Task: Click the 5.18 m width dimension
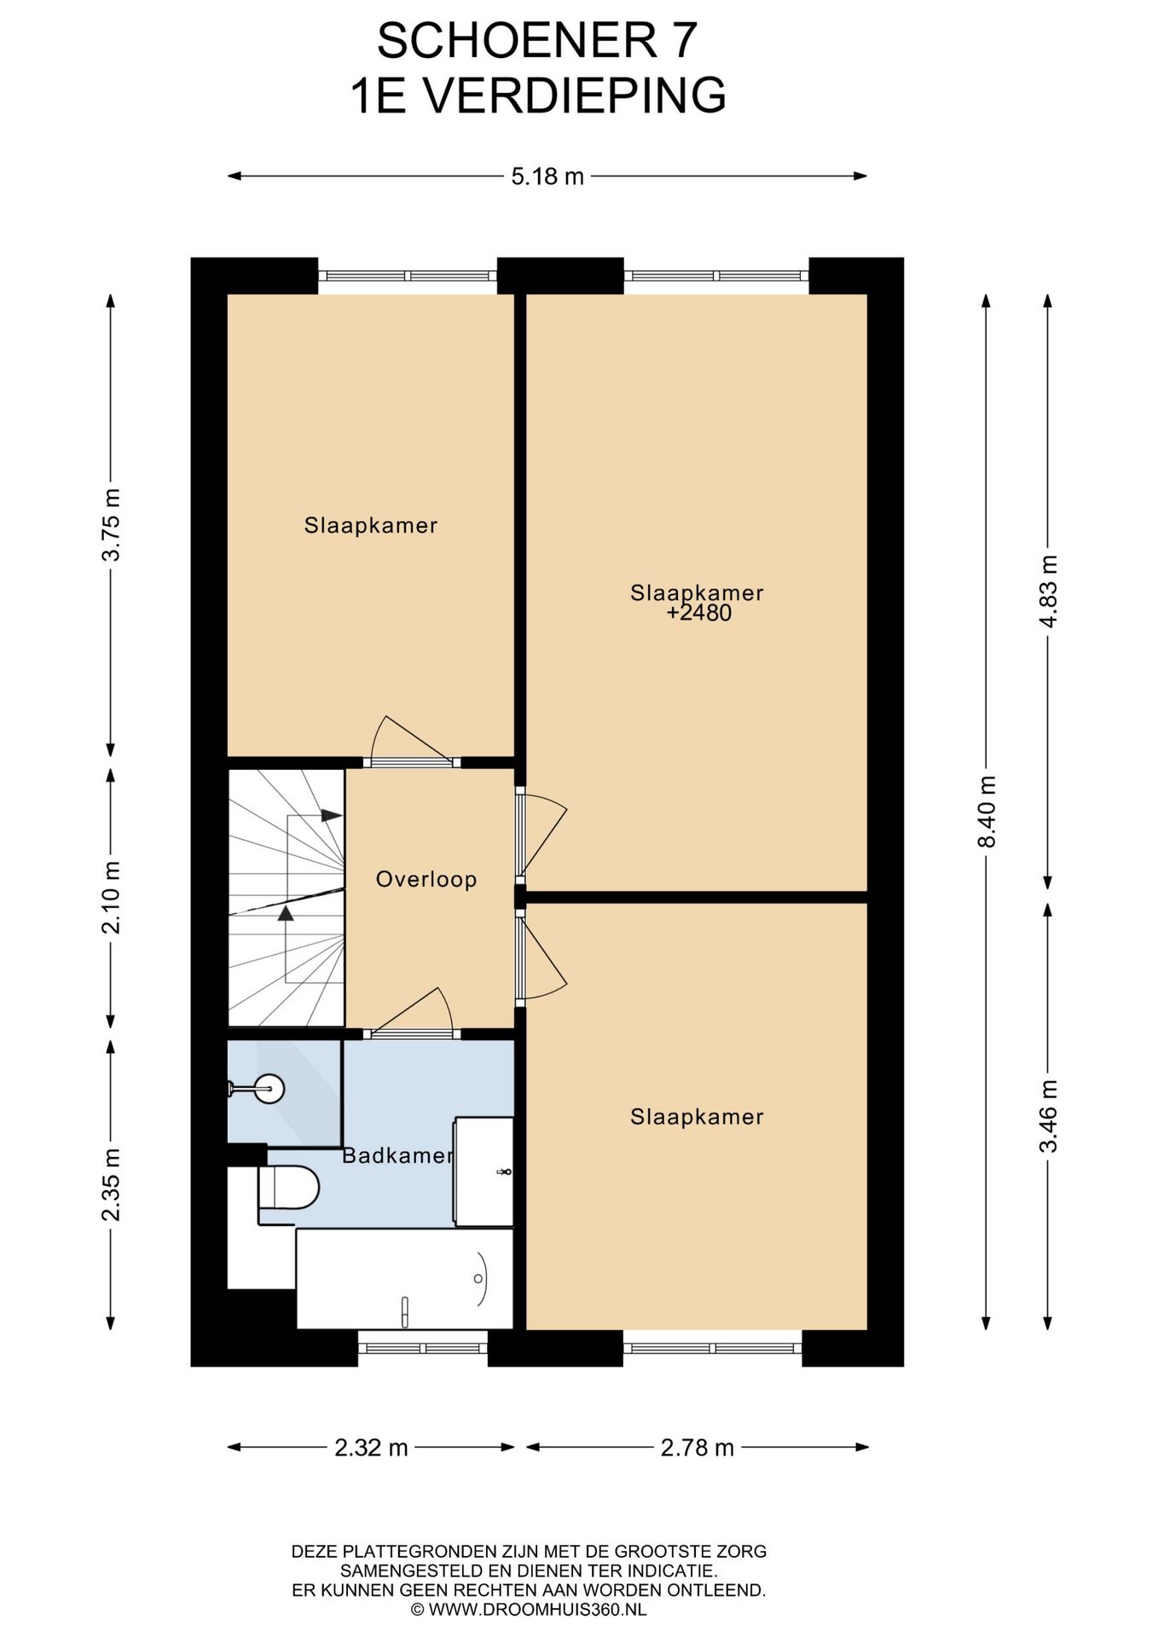(547, 176)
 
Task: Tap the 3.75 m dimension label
(111, 524)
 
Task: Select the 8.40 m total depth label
(987, 812)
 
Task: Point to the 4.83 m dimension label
(1048, 592)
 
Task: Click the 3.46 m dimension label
(1048, 1116)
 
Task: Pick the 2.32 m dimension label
(371, 1447)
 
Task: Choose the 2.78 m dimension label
(697, 1447)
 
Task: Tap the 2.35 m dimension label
(111, 1184)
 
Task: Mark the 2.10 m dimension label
(111, 897)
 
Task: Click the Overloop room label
(426, 879)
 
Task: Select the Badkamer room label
(397, 1155)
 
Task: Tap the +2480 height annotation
(699, 613)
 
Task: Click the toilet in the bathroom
(288, 1187)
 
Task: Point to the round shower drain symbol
(271, 1088)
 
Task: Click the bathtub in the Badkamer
(405, 1278)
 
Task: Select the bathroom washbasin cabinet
(484, 1171)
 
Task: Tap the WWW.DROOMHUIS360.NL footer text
(537, 1610)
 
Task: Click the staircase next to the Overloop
(287, 898)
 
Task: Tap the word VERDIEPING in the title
(576, 95)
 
